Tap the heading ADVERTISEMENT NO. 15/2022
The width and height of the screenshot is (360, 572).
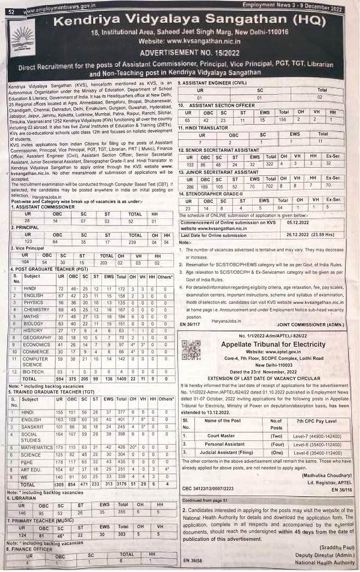tap(180, 53)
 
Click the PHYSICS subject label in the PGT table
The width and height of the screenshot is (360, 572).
tap(34, 302)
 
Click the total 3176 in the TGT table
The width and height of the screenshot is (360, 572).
tap(121, 484)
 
